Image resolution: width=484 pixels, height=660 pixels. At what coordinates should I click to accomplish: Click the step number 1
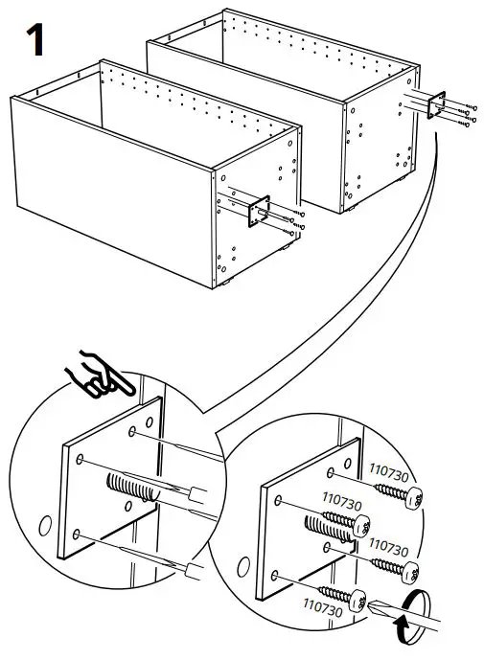coord(35,39)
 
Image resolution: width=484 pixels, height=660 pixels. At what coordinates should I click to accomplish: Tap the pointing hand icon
coord(99,374)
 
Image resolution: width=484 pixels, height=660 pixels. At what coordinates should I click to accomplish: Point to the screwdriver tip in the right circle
coord(371,605)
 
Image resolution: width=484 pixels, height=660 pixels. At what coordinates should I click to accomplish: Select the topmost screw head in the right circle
coord(415,498)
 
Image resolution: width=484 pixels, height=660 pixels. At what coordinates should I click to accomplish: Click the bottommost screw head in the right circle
coord(358,601)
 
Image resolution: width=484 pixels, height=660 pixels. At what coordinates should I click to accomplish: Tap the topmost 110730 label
coord(389,472)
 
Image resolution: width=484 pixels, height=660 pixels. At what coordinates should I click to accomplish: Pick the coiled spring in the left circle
coord(131,488)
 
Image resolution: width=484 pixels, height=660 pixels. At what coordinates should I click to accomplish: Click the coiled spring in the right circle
coord(329,528)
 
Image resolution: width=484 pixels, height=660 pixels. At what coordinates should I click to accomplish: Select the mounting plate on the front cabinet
coord(259,212)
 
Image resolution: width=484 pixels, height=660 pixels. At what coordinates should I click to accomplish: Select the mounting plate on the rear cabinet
coord(436,104)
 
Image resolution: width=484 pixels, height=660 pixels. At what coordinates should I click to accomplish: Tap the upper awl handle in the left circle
coord(197,494)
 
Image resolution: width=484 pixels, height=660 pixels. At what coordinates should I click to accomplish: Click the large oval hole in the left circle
coord(45,526)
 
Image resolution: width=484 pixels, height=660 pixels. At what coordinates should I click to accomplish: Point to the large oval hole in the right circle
coord(243,568)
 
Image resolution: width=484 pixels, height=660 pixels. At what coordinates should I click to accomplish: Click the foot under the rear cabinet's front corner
coord(352,208)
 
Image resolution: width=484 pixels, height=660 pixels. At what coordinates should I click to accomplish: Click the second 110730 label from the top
coord(341,500)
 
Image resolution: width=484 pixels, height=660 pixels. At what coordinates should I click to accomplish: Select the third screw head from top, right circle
coord(410,573)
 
